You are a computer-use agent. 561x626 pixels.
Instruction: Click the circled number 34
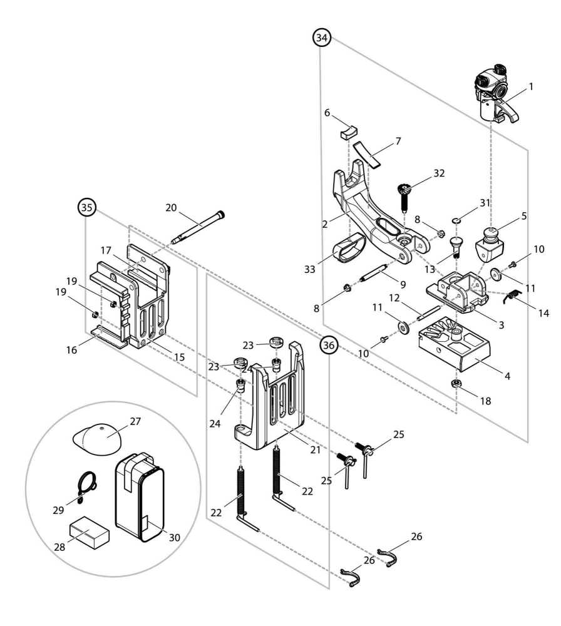322,38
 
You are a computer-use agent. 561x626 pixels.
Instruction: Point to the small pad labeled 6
347,132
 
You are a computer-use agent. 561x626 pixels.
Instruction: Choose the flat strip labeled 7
366,154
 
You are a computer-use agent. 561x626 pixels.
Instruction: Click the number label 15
179,357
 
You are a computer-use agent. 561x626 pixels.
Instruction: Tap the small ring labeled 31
458,220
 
